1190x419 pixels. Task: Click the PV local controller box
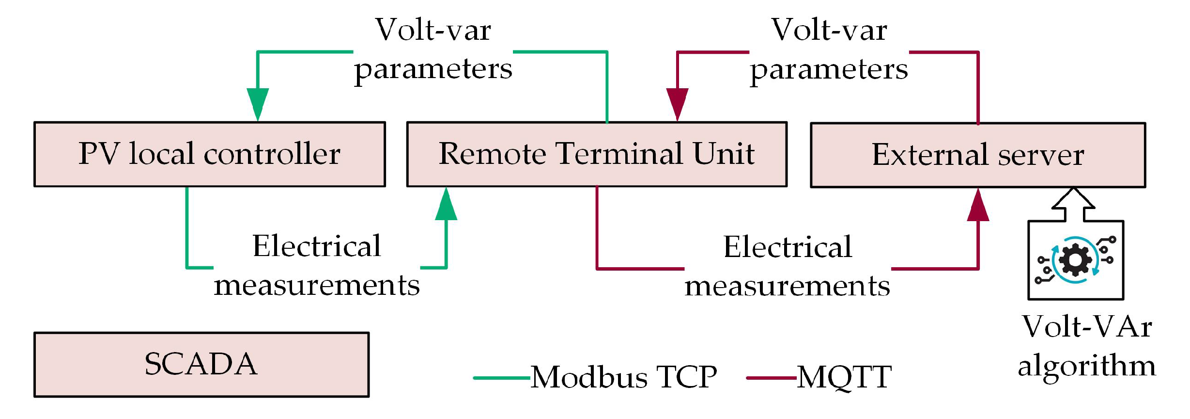pyautogui.click(x=209, y=154)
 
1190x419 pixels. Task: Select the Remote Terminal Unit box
pyautogui.click(x=596, y=154)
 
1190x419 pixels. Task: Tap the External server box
pyautogui.click(x=977, y=155)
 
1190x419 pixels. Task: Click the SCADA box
pyautogui.click(x=201, y=364)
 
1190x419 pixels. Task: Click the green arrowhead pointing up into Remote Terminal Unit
pyautogui.click(x=446, y=205)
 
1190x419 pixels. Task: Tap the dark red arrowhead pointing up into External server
pyautogui.click(x=978, y=206)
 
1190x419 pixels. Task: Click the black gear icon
pyautogui.click(x=1075, y=260)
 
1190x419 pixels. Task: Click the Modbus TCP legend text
pyautogui.click(x=624, y=377)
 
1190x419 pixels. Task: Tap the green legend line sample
pyautogui.click(x=502, y=378)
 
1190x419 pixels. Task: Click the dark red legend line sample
pyautogui.click(x=771, y=378)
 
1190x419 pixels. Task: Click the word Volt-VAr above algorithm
pyautogui.click(x=1087, y=326)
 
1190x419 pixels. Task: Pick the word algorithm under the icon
pyautogui.click(x=1087, y=366)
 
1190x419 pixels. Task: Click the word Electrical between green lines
pyautogui.click(x=317, y=246)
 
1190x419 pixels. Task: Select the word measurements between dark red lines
pyautogui.click(x=787, y=286)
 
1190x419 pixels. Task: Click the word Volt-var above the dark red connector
pyautogui.click(x=829, y=30)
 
